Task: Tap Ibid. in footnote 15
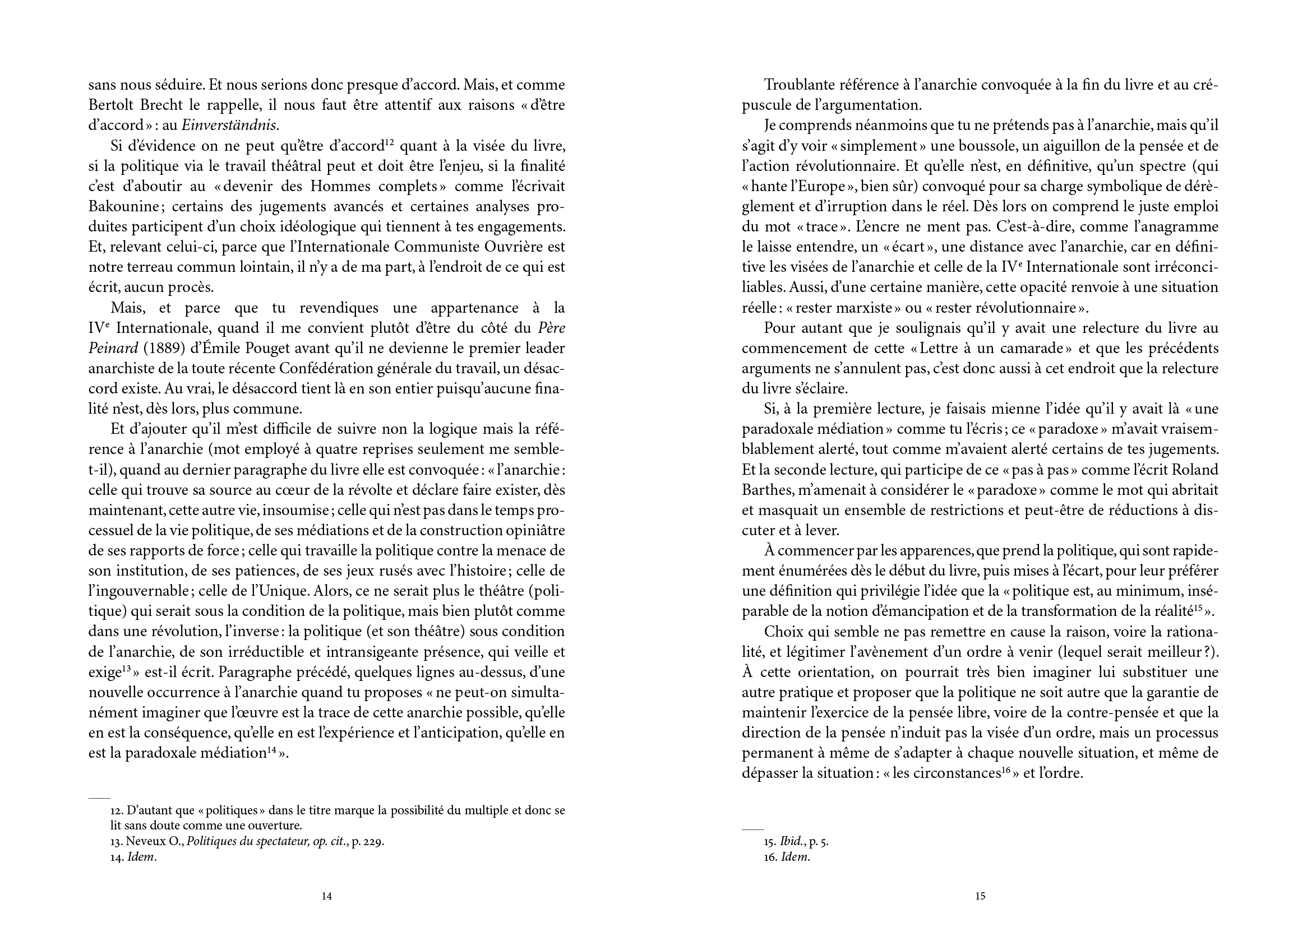[790, 842]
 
